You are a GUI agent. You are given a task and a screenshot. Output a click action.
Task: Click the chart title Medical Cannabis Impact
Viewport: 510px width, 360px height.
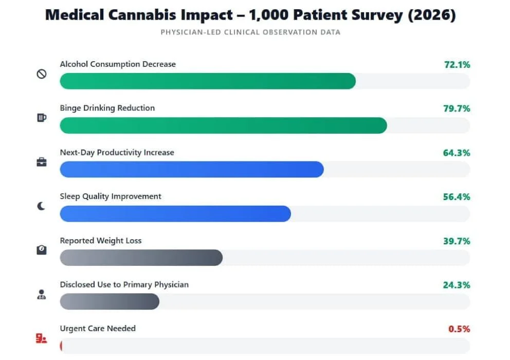(250, 15)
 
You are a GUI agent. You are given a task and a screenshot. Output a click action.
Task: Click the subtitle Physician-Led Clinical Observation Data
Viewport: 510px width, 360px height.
(250, 32)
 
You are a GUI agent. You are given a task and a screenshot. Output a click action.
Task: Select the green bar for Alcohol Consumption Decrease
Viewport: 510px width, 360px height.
(208, 81)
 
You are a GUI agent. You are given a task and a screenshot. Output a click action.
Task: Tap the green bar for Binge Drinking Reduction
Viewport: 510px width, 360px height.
(223, 125)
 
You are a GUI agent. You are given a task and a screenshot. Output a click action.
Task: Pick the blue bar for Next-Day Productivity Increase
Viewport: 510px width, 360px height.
(192, 170)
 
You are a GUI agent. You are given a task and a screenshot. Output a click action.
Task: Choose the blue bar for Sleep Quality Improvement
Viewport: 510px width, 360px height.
(175, 214)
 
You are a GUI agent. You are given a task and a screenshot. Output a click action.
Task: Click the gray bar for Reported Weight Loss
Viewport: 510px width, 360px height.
(141, 258)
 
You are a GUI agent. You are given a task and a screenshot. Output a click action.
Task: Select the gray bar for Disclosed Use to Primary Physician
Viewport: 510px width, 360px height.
(110, 302)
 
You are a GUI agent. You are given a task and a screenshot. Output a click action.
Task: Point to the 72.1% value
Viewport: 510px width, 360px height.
(457, 65)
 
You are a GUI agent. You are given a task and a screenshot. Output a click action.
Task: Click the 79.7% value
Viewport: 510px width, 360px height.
(457, 109)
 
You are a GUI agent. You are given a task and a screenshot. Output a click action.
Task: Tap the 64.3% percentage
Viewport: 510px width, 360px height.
(457, 153)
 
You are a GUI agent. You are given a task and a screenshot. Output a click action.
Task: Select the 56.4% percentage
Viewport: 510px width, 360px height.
(457, 197)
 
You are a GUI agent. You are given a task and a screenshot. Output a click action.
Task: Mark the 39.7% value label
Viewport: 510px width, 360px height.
(457, 241)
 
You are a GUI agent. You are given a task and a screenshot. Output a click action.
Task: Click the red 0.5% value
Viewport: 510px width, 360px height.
(459, 329)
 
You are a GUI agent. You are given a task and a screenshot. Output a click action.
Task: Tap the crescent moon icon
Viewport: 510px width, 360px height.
(41, 206)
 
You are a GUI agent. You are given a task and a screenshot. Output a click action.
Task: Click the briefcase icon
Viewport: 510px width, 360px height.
(41, 162)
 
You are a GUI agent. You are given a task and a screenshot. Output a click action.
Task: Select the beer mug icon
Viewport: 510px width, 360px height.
(41, 118)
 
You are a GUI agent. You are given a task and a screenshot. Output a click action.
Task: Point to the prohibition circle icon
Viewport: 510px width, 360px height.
(41, 74)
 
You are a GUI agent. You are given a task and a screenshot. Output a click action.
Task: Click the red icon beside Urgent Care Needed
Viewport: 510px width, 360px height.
(41, 338)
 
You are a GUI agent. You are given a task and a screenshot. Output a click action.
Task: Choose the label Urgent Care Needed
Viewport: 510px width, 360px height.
(98, 329)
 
